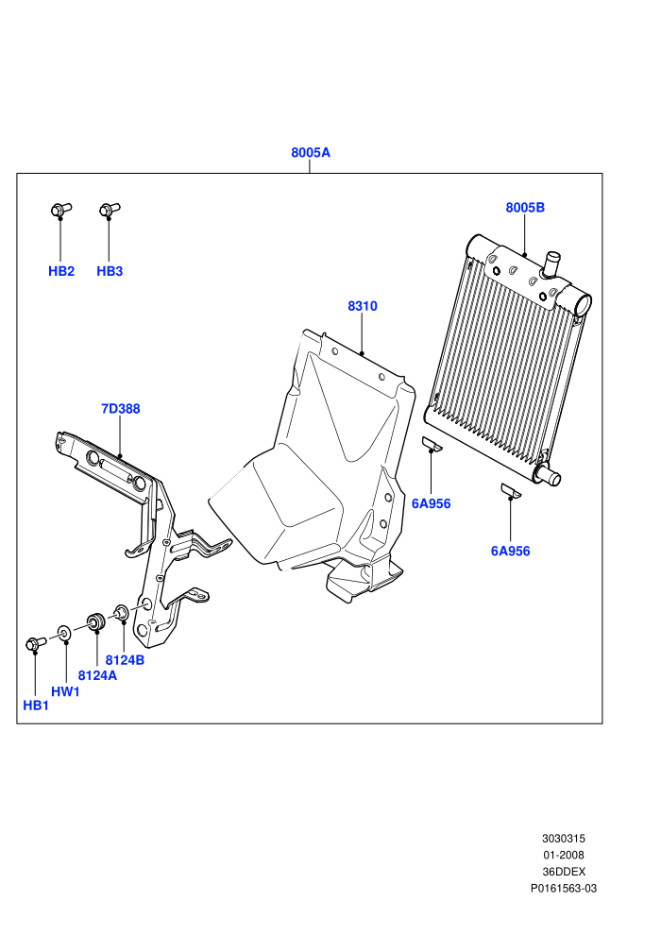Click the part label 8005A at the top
[x=310, y=153]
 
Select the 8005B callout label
[x=525, y=208]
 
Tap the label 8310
[x=363, y=306]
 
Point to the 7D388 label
[x=121, y=408]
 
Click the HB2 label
[x=61, y=271]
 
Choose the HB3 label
[x=110, y=271]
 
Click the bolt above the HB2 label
[x=60, y=210]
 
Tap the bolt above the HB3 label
[x=110, y=210]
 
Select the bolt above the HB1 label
[x=36, y=643]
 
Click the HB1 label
[x=36, y=705]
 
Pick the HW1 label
[x=65, y=691]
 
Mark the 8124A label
[x=97, y=675]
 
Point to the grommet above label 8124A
[x=96, y=621]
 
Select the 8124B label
[x=126, y=660]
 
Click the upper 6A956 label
[x=431, y=504]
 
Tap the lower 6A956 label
[x=510, y=552]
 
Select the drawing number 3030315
[x=563, y=839]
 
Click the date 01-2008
[x=563, y=855]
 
